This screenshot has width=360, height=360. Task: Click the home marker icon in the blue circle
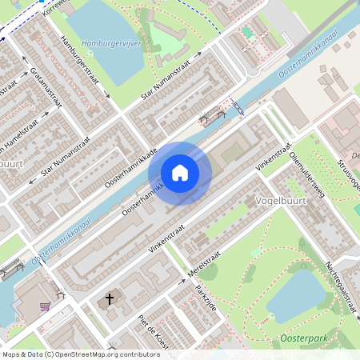click(180, 173)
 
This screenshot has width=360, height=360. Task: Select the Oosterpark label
click(311, 339)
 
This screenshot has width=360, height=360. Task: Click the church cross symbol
click(110, 301)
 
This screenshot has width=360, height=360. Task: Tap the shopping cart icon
click(45, 305)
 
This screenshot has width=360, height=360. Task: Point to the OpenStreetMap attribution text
click(70, 354)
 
